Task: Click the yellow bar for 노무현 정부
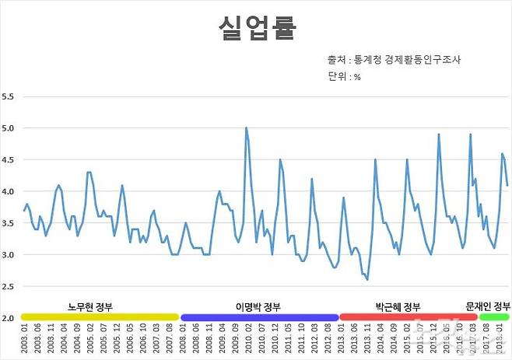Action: (100, 317)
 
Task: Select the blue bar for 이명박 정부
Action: (259, 317)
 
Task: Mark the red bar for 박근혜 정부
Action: (398, 317)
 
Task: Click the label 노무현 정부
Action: (90, 306)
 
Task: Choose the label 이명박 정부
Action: (258, 306)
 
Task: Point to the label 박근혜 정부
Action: (398, 306)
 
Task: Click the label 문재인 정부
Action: (488, 306)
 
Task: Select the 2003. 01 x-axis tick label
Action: (24, 340)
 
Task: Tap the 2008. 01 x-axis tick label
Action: (183, 340)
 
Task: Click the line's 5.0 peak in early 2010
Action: (246, 128)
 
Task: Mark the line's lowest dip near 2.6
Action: (366, 279)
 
